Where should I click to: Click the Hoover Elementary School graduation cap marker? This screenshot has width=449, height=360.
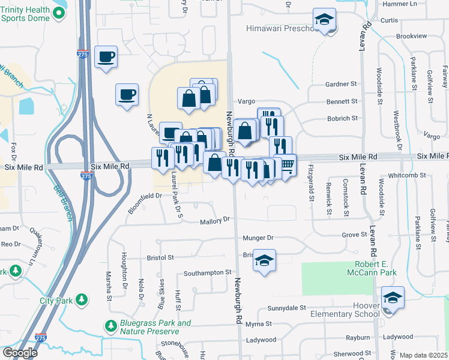(x=393, y=297)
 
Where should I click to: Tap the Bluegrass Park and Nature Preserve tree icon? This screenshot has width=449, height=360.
(x=110, y=326)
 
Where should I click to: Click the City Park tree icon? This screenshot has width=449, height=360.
(x=82, y=299)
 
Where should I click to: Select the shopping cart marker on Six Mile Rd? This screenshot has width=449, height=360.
(x=288, y=164)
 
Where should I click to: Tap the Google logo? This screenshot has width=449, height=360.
(x=19, y=352)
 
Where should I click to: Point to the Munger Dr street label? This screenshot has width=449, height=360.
(x=258, y=238)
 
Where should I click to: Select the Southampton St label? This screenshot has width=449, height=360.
(x=207, y=272)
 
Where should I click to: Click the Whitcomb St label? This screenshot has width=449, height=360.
(x=406, y=176)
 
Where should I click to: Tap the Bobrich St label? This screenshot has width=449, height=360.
(x=342, y=119)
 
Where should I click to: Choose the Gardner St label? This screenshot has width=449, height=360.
(x=341, y=85)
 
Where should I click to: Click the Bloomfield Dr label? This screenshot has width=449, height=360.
(x=145, y=203)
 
